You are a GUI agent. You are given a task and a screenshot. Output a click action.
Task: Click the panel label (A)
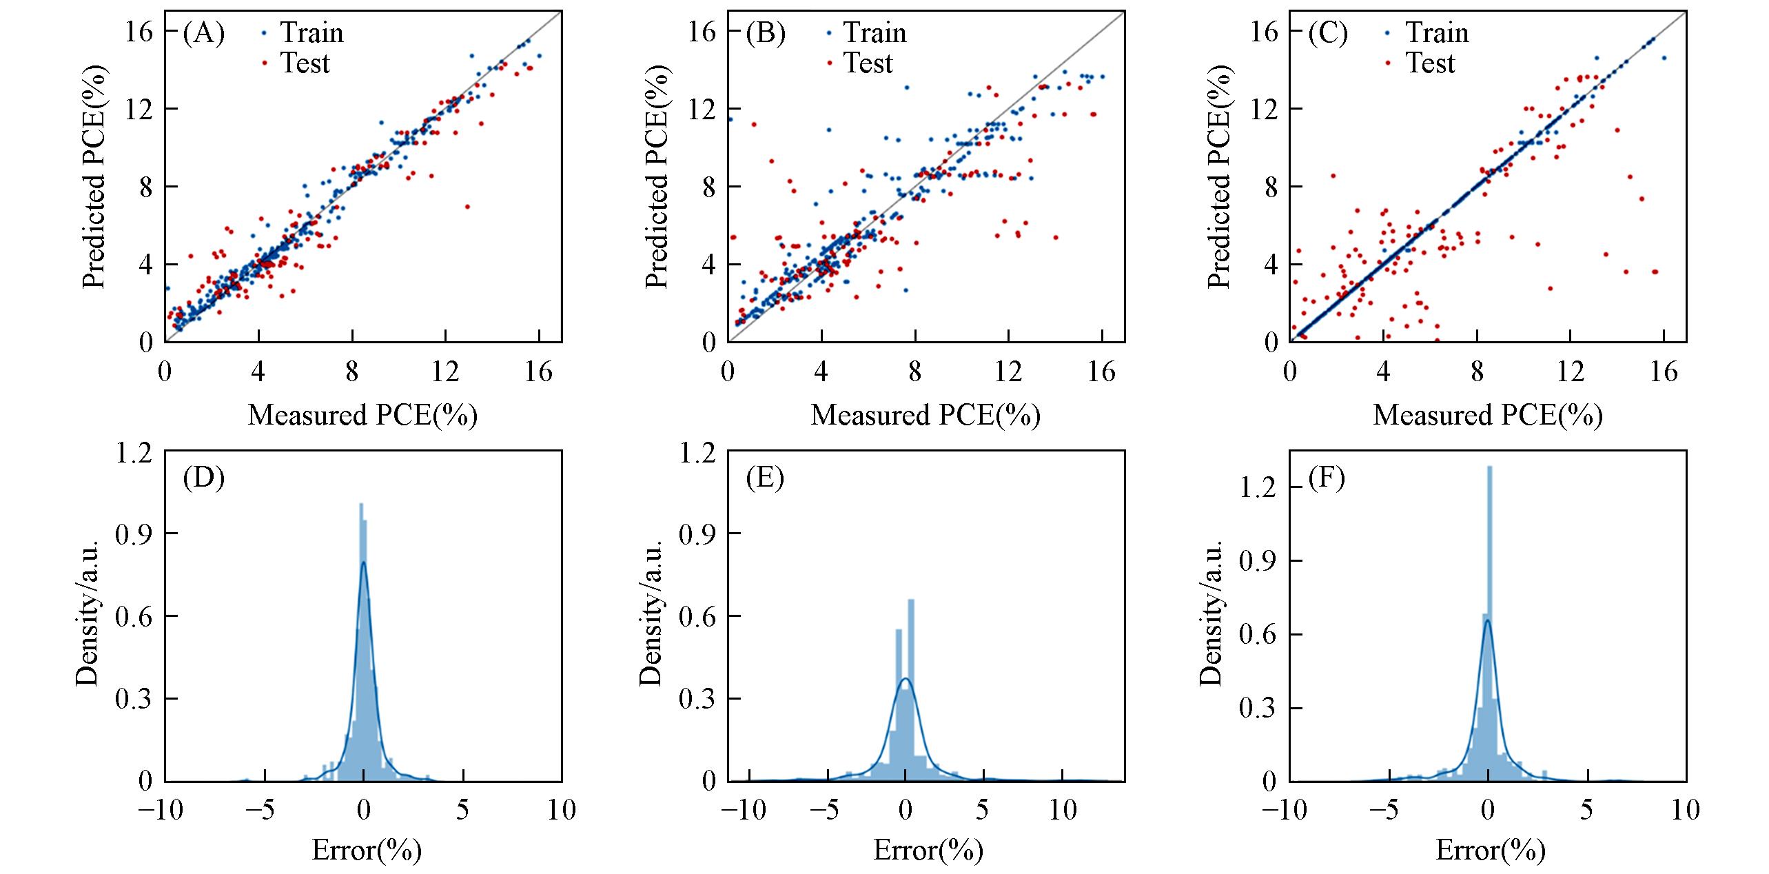203,33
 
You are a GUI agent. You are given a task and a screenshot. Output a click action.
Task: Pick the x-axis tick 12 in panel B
1008,372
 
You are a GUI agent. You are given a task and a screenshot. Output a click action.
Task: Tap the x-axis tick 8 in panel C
1477,372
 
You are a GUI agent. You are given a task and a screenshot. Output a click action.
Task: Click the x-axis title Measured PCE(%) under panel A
362,415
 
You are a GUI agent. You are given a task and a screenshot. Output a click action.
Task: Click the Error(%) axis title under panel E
928,850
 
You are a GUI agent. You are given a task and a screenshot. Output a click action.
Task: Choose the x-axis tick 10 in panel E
1063,810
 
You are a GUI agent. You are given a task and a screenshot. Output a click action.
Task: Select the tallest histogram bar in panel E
911,689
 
